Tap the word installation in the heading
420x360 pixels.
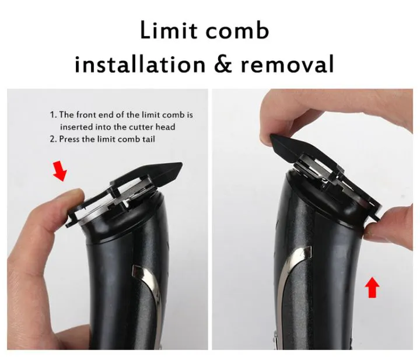point(140,64)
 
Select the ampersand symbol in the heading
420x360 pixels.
point(224,64)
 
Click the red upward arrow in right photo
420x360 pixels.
point(372,288)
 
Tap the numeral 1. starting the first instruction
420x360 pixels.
point(53,115)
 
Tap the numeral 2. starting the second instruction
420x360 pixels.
point(53,139)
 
